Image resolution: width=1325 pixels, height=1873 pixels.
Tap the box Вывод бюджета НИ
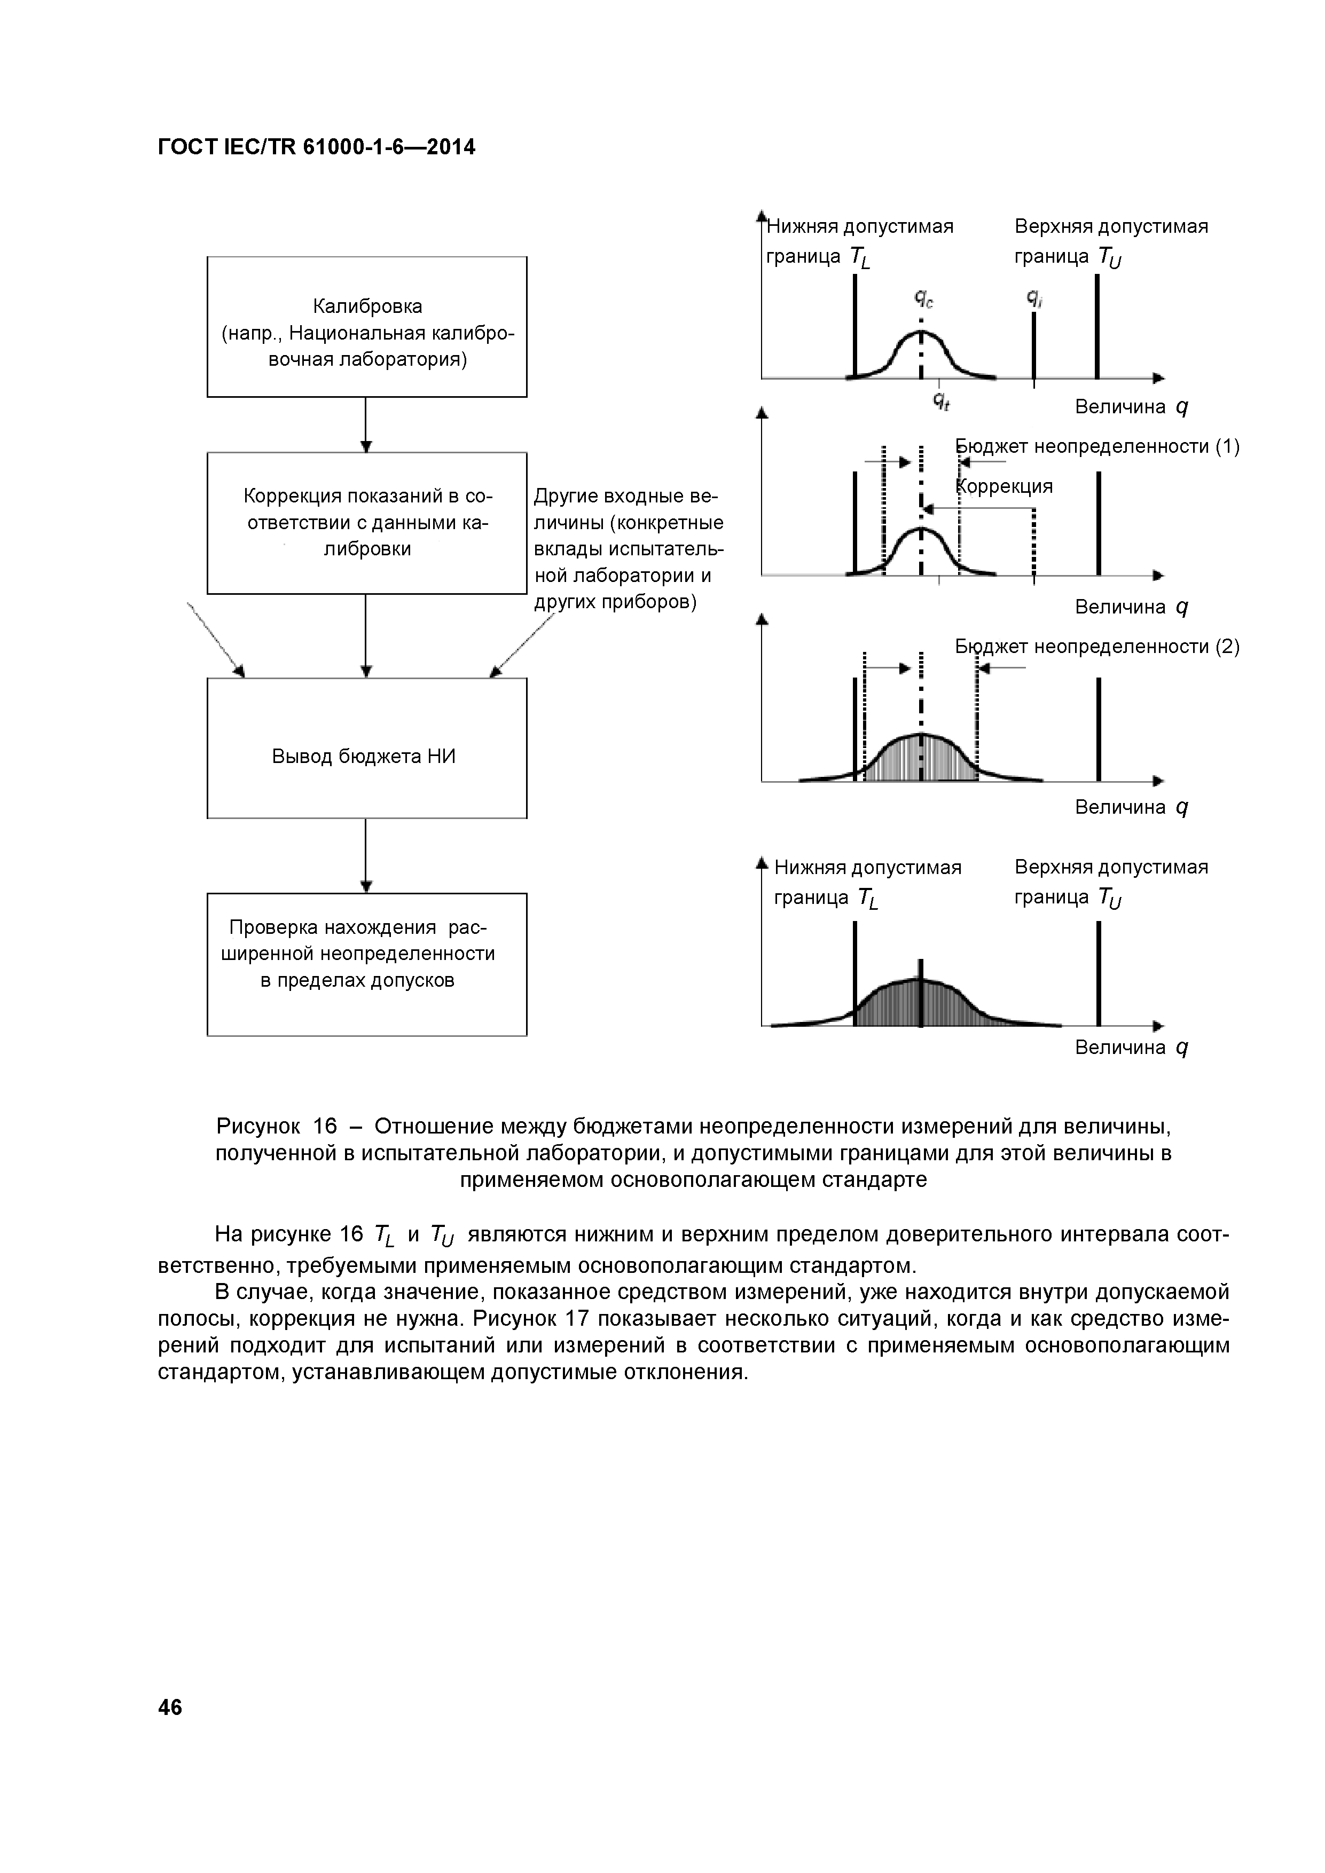tap(367, 748)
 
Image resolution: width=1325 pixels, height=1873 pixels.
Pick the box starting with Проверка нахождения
tap(367, 964)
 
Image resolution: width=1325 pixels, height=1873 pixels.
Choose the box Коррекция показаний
tap(367, 523)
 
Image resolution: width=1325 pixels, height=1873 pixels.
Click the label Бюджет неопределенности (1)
tap(1097, 446)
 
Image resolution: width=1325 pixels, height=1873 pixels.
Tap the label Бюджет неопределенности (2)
tap(1097, 647)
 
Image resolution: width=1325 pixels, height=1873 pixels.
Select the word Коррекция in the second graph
tap(1005, 486)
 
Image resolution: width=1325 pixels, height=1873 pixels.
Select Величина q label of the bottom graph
tap(1131, 1048)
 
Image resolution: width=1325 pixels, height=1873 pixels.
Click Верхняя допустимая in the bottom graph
tap(1111, 867)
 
